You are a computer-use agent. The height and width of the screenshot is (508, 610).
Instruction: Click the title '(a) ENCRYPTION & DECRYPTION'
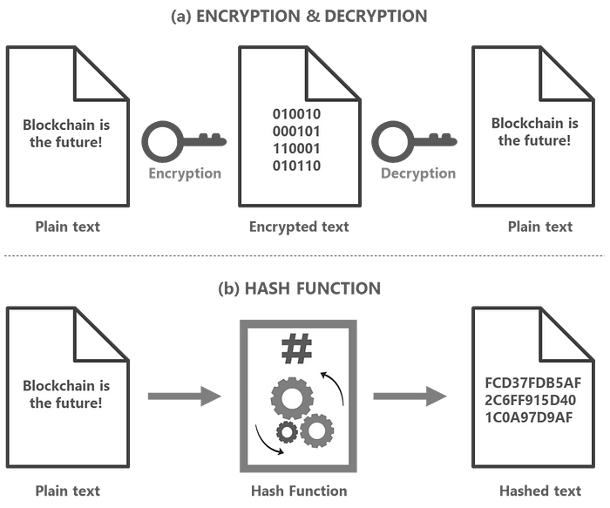(x=299, y=17)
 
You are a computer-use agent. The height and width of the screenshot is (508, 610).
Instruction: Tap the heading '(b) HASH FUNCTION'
(x=299, y=288)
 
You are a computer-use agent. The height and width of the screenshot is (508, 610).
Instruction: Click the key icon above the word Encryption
(x=184, y=141)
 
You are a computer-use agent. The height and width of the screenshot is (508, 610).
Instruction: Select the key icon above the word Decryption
(x=414, y=141)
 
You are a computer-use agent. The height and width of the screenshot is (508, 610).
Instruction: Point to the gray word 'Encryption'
(x=185, y=173)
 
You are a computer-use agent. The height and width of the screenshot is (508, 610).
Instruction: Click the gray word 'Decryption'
(x=418, y=173)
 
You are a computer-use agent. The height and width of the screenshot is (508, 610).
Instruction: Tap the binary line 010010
(x=296, y=114)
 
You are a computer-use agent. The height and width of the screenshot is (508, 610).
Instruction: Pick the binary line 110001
(x=296, y=148)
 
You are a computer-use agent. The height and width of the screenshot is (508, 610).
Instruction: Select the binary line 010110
(x=296, y=166)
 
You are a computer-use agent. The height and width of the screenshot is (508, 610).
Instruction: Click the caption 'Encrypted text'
(x=299, y=227)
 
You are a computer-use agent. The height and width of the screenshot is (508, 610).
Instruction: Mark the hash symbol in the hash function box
(x=296, y=349)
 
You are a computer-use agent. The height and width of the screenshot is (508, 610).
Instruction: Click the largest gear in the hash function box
(x=292, y=398)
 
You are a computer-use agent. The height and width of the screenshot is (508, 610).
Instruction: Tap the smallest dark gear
(x=287, y=432)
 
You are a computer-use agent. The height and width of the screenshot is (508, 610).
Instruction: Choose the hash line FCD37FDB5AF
(x=533, y=383)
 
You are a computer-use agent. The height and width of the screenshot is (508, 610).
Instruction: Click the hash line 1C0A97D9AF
(x=529, y=417)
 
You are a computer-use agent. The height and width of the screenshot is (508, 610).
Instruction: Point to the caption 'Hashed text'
(x=540, y=491)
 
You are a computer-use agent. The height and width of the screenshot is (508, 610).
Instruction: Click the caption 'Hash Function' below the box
(x=299, y=491)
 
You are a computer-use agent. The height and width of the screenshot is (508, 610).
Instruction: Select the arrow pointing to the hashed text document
(x=410, y=396)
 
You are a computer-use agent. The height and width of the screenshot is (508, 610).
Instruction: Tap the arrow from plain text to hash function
(x=185, y=396)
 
